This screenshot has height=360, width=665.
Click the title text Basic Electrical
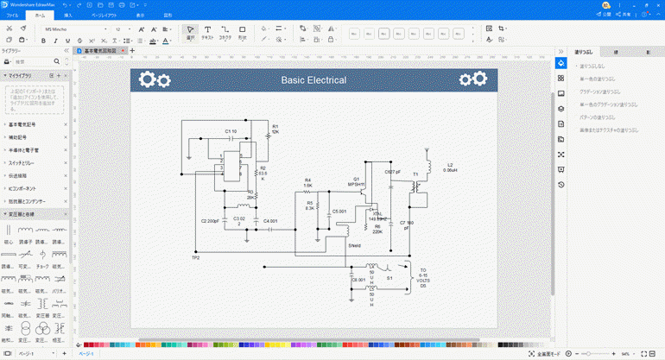(x=313, y=80)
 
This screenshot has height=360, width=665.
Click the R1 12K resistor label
(x=275, y=129)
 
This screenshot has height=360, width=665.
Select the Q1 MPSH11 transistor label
(x=357, y=181)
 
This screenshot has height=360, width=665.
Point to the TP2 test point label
(x=195, y=257)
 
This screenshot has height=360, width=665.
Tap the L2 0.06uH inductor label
(x=450, y=167)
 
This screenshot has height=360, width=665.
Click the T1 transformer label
(x=415, y=174)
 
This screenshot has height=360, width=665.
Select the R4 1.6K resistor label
(x=307, y=182)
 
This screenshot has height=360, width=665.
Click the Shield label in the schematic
(x=354, y=246)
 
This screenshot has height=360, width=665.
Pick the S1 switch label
(x=389, y=279)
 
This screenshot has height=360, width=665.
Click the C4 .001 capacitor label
(x=270, y=221)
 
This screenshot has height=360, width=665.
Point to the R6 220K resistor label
(x=377, y=229)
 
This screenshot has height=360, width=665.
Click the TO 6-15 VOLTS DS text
(x=423, y=277)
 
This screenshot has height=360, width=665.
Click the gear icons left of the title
(x=155, y=80)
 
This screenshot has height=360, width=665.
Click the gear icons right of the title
(x=472, y=79)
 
